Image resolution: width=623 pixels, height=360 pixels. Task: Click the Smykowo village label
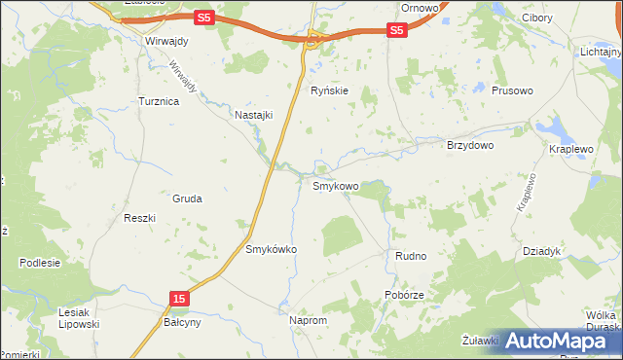(335, 185)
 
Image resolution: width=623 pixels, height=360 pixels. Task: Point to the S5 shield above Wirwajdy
(202, 18)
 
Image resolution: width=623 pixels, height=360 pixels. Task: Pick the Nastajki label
(254, 114)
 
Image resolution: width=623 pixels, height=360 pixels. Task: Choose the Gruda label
(187, 198)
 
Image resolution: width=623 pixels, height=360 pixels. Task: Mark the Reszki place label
(140, 218)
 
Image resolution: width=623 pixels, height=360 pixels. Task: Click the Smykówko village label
(271, 249)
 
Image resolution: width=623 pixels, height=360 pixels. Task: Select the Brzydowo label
(470, 145)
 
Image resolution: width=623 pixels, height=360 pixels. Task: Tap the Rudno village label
(411, 256)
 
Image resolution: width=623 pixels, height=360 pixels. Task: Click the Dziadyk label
(542, 251)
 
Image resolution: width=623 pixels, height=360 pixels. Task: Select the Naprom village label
(308, 319)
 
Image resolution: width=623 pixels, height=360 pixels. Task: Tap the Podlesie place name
(39, 263)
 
